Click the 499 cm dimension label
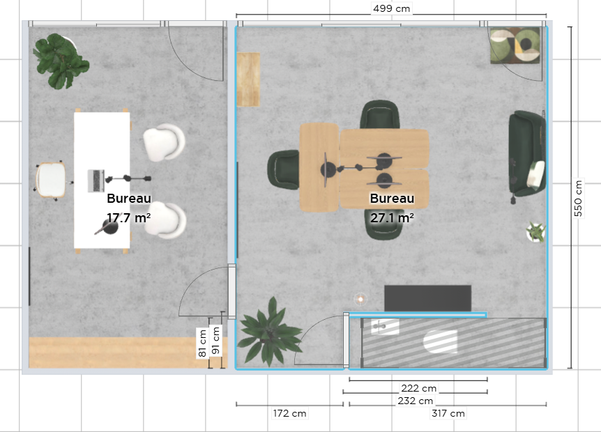point(391,8)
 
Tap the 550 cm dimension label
point(578,198)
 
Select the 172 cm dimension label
point(289,414)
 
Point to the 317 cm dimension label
point(448,414)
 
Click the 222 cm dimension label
point(418,388)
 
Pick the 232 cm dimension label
point(415,401)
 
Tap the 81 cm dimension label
point(202,343)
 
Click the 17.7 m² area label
point(128,218)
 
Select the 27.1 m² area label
point(392,218)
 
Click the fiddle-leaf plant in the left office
point(61,61)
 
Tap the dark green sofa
point(527,153)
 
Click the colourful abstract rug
point(515,45)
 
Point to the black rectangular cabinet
point(428,298)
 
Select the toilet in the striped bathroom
point(441,341)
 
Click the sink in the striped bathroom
point(385,327)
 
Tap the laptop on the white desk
point(96,180)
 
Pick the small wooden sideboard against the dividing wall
point(248,79)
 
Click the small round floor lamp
point(360,299)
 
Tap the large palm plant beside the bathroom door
point(269,332)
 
